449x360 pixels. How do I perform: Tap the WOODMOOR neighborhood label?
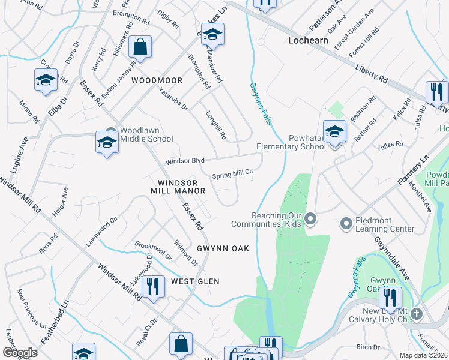pyautogui.click(x=157, y=80)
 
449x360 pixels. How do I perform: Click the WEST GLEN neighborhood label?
pyautogui.click(x=195, y=281)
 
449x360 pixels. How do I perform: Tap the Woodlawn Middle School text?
pyautogui.click(x=147, y=134)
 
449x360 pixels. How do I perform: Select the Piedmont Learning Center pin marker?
pyautogui.click(x=346, y=224)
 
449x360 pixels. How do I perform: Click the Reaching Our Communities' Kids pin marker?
pyautogui.click(x=310, y=219)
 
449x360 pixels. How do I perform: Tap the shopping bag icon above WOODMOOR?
pyautogui.click(x=140, y=47)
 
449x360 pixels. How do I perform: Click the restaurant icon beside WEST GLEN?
pyautogui.click(x=153, y=286)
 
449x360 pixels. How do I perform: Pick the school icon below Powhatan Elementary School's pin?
pyautogui.click(x=335, y=130)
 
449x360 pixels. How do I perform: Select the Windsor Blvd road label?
pyautogui.click(x=185, y=161)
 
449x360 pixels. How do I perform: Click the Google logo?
pyautogui.click(x=20, y=353)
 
